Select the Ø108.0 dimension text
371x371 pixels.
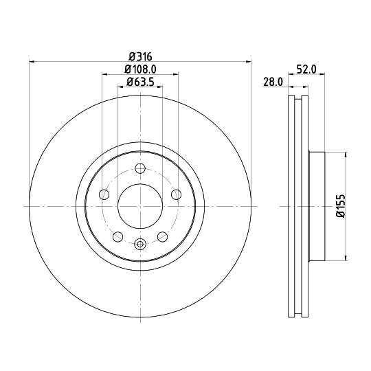(140, 69)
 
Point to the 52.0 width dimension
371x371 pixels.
(306, 69)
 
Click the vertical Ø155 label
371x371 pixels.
(340, 206)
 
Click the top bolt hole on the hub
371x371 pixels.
(140, 168)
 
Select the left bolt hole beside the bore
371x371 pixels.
(104, 194)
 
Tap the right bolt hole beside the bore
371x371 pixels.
(176, 194)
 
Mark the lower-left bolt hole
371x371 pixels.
(118, 236)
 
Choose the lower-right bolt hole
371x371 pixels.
(163, 236)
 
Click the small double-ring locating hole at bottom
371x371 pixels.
(140, 243)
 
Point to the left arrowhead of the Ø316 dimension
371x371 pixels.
(32, 62)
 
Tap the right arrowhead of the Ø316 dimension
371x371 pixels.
(249, 62)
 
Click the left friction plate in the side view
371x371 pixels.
(290, 206)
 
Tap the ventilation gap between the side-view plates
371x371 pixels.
(297, 206)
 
